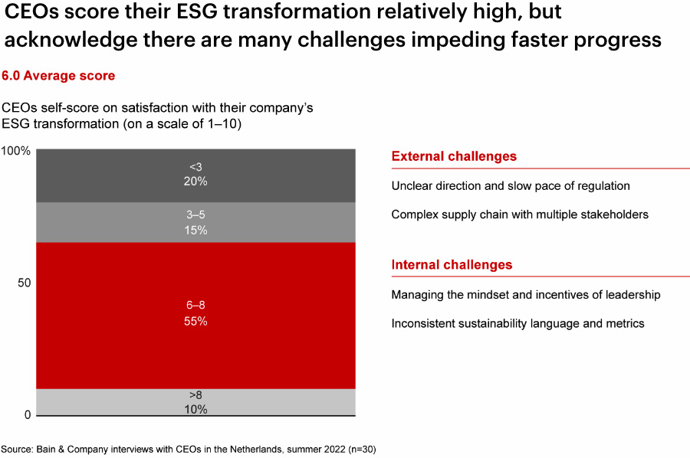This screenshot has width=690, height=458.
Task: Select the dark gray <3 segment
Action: pos(115,175)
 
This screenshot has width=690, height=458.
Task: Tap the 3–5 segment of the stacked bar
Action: pos(115,222)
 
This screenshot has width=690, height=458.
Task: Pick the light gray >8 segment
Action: pos(115,402)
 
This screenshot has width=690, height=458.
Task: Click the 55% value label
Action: pos(195,322)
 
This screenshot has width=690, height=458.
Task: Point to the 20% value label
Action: pos(195,182)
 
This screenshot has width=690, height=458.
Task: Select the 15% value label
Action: pos(195,230)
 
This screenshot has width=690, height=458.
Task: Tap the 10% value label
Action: pos(195,409)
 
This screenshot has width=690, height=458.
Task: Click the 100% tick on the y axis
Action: pos(15,151)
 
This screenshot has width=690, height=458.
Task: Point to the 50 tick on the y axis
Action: pos(23,283)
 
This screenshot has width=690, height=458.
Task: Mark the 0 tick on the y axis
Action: pos(27,415)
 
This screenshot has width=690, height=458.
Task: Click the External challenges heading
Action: pos(454,156)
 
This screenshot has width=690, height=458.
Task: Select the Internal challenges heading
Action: pos(452,265)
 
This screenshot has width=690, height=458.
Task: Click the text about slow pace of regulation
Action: pos(510,185)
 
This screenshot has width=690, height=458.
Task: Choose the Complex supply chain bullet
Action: pos(520,214)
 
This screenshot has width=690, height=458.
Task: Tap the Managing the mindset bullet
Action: pos(525,295)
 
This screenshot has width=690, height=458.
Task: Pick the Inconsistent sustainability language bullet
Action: pos(517,323)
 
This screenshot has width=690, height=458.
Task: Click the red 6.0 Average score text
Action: pos(58,76)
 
